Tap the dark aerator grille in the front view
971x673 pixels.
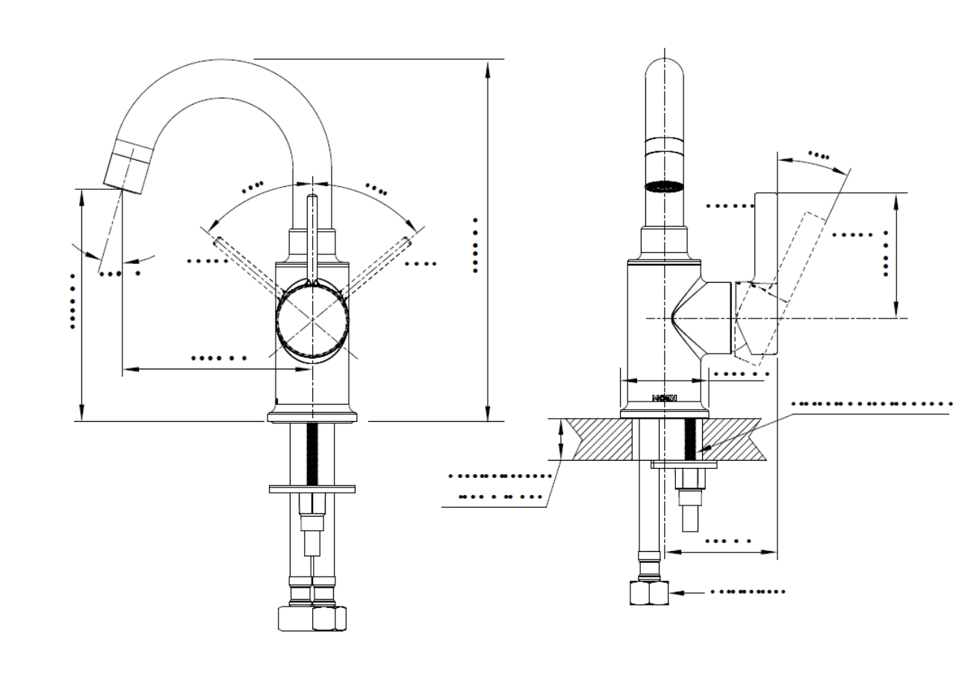coord(663,186)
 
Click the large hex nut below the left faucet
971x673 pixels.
coord(311,618)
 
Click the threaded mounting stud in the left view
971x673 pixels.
coord(311,452)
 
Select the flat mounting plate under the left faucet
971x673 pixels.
coord(311,489)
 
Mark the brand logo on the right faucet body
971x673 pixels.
coord(663,398)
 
